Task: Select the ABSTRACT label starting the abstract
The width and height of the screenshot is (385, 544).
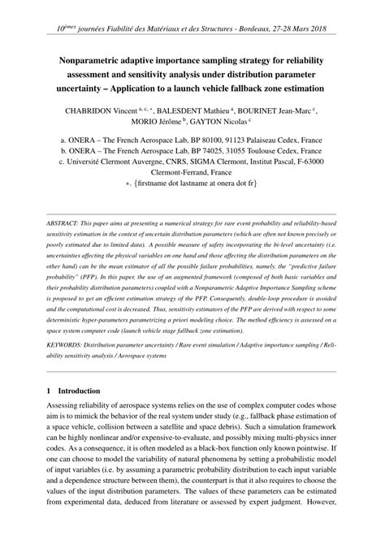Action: pyautogui.click(x=67, y=222)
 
